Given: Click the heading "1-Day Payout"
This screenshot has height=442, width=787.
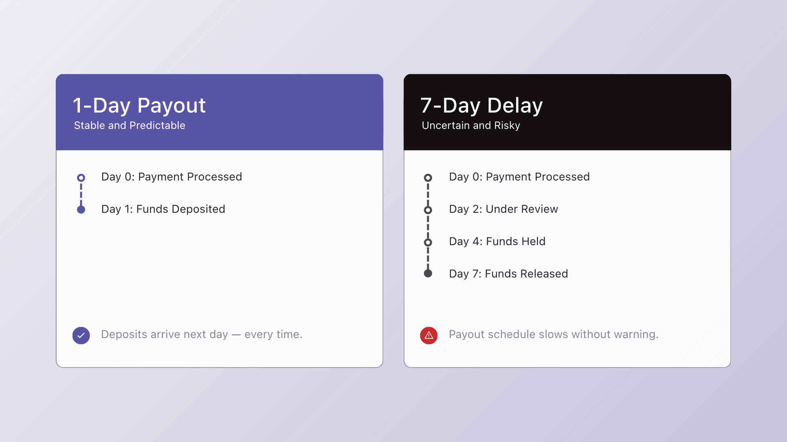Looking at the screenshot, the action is click(139, 106).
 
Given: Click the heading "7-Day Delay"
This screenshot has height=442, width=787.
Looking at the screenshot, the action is click(482, 106).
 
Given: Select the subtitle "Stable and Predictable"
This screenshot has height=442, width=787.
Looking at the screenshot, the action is click(130, 125).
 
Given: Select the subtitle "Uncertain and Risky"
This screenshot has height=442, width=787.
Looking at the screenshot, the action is click(471, 125).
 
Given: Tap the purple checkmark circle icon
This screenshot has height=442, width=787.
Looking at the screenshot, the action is click(81, 336).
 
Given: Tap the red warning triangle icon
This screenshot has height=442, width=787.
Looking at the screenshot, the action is click(429, 336).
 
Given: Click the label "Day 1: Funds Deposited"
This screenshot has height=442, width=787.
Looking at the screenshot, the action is click(163, 209).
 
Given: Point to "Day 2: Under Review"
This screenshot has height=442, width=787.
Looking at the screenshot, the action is click(503, 209).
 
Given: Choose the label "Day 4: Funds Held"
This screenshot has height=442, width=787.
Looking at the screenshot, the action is click(497, 241).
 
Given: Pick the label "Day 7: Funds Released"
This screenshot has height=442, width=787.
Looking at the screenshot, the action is click(508, 274).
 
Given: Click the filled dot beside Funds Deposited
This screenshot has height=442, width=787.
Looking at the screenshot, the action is click(81, 210).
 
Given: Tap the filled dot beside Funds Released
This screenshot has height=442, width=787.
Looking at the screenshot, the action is click(428, 273).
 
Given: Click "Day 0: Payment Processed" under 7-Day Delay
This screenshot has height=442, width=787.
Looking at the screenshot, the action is click(519, 177).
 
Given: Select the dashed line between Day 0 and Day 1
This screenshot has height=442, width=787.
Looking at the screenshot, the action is click(81, 194).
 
